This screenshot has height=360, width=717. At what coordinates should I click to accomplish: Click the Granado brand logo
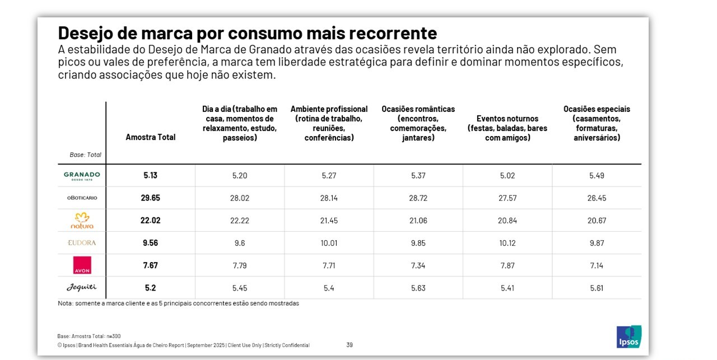pos(82,175)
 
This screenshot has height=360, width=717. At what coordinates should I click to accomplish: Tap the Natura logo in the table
pos(82,220)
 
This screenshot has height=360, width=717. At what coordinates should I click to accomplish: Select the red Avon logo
pos(82,265)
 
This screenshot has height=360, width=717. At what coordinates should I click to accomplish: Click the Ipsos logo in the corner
pos(628,336)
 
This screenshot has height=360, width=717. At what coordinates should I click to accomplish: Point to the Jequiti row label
pos(82,287)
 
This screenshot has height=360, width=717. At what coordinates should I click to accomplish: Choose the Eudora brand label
pos(82,242)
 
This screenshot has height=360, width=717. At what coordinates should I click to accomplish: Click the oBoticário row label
pos(82,198)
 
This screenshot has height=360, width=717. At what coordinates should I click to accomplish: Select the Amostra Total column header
pos(150,137)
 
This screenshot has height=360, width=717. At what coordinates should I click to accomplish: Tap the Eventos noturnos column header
pos(508,128)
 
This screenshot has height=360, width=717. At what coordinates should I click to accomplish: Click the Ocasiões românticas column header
pos(418,123)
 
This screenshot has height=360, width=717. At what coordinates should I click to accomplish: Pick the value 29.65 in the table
pos(150,198)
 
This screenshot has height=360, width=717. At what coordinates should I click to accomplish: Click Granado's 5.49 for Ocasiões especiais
pos(597,175)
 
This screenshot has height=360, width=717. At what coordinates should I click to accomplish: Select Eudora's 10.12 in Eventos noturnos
pos(508,242)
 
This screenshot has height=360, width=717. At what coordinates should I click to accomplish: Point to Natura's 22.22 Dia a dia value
pos(240,220)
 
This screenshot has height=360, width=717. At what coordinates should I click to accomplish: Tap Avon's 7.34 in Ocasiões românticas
pos(418,265)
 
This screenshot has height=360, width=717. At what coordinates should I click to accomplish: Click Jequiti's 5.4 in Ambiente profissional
pos(329,287)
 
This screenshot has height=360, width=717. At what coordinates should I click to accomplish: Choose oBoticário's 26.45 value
pos(597,198)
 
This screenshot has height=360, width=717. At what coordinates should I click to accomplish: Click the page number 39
pos(350,345)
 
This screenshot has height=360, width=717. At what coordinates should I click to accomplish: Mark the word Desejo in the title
pos(85,32)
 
